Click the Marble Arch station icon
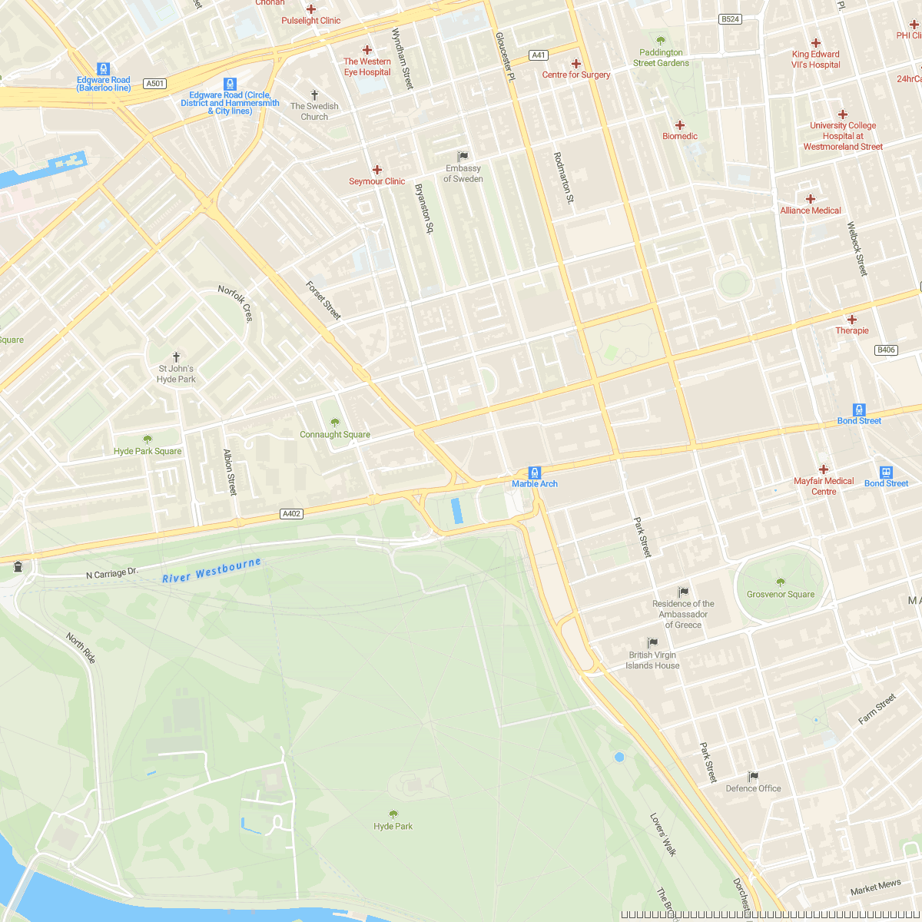(x=535, y=473)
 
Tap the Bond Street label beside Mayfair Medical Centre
(x=886, y=483)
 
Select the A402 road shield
(x=291, y=514)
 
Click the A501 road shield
(x=155, y=84)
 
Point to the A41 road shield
(x=539, y=55)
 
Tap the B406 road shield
(x=886, y=350)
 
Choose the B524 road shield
(x=731, y=19)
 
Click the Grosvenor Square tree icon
(x=781, y=582)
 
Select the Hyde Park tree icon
(x=393, y=814)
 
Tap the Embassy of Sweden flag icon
(x=463, y=157)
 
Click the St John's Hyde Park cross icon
(x=177, y=357)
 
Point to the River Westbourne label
(x=211, y=570)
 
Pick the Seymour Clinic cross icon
(x=377, y=170)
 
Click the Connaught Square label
(x=335, y=435)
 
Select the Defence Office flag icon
(x=753, y=777)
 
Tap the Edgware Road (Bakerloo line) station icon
(x=104, y=69)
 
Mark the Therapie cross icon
(x=852, y=320)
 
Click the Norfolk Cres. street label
(x=235, y=303)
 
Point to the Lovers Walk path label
(x=662, y=835)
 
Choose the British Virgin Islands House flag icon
(x=652, y=643)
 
